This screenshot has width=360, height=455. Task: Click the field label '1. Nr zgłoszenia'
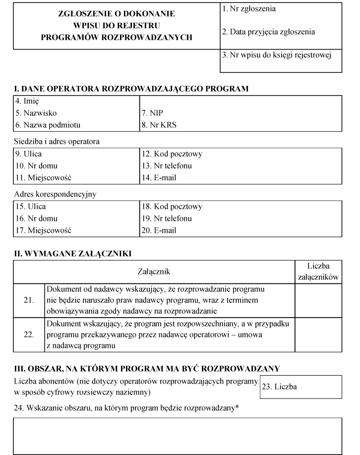coord(249,9)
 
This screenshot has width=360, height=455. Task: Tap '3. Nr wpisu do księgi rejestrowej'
coord(275,55)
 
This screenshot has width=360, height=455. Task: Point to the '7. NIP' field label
coord(152,113)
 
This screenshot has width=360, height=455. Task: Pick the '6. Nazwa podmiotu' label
coord(48,125)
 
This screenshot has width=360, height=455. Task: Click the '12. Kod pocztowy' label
coord(172,154)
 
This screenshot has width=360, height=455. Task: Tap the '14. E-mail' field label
coord(159,177)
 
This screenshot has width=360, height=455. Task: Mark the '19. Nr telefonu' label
coord(167,218)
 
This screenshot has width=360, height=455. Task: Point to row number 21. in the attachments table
coord(29,300)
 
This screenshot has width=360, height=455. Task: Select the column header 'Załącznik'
coord(154,271)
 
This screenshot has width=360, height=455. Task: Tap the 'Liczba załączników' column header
coord(318,271)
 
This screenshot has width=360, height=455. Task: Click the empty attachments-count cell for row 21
coord(318,300)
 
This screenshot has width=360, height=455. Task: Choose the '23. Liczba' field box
coord(300,387)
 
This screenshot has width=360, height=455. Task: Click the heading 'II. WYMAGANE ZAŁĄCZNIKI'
coord(72,254)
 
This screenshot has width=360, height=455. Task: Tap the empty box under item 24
coord(178,436)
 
